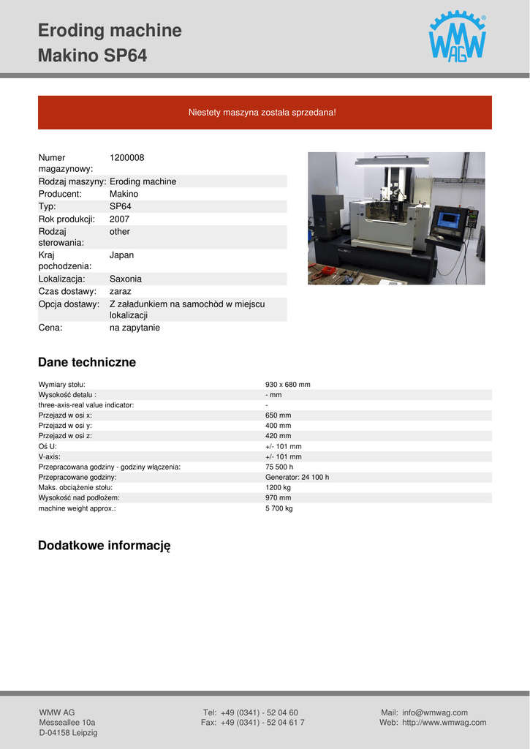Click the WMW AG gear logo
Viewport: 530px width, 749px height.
pos(457,37)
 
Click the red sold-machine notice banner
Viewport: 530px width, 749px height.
pos(265,113)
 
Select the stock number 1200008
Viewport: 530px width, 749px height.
pos(126,157)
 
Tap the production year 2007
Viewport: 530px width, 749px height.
pos(119,219)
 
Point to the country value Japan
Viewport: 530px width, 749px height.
pos(121,255)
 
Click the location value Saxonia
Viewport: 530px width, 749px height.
pos(126,279)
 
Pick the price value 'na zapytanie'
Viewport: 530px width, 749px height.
pos(135,328)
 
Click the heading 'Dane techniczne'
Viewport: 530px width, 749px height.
pos(87,362)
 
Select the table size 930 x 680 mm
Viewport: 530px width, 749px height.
pos(287,384)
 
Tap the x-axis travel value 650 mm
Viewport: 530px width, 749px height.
pos(278,415)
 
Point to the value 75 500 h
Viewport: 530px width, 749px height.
pos(279,467)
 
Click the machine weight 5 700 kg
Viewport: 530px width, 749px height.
pos(279,508)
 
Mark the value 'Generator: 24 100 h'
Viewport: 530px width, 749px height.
pos(297,477)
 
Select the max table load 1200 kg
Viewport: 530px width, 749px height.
pos(278,487)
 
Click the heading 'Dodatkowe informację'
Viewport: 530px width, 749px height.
pos(104,546)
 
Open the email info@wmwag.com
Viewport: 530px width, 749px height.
pos(434,712)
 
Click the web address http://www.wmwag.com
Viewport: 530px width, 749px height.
pos(444,723)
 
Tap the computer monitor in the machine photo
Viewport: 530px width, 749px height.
pos(448,219)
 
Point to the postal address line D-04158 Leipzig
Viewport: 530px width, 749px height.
pos(68,732)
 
